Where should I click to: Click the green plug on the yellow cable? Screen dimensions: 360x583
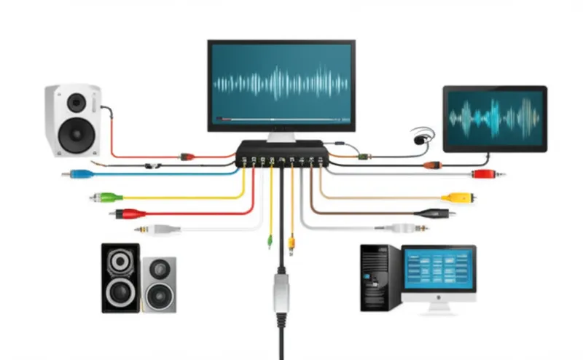tap(105, 197)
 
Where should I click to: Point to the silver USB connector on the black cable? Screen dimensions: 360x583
tap(281, 292)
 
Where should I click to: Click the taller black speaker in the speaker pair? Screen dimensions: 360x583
tap(120, 277)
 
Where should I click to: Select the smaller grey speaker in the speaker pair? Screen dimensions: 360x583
tap(159, 285)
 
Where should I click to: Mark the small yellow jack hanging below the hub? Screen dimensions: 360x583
tap(291, 241)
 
